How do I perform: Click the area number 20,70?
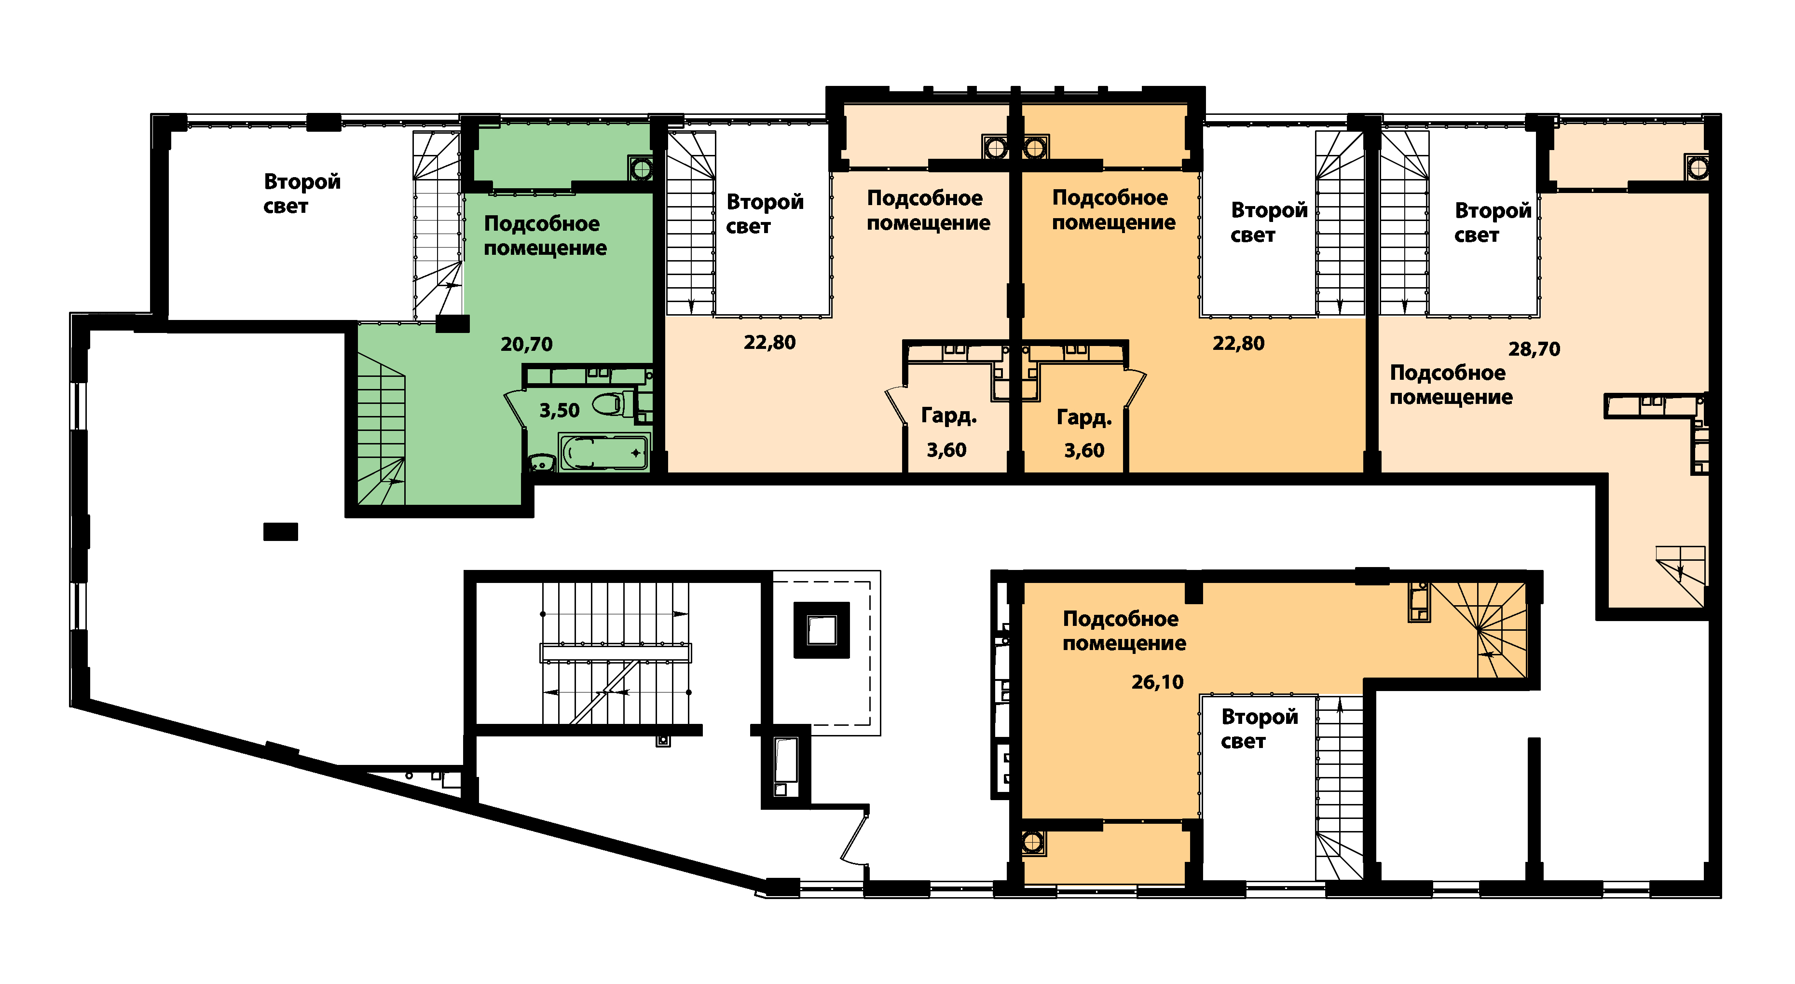click(x=526, y=344)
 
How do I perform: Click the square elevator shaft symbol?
click(x=822, y=630)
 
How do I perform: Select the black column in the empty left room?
click(x=280, y=532)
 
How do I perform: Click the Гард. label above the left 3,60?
click(x=948, y=416)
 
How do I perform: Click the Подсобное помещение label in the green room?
click(x=545, y=236)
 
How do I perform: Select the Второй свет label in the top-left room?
click(x=301, y=194)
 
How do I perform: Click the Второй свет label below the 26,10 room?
click(x=1259, y=729)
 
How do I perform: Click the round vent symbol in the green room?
click(x=640, y=168)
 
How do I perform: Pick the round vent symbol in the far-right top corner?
click(x=1698, y=168)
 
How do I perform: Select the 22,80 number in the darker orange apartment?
click(x=1238, y=344)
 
